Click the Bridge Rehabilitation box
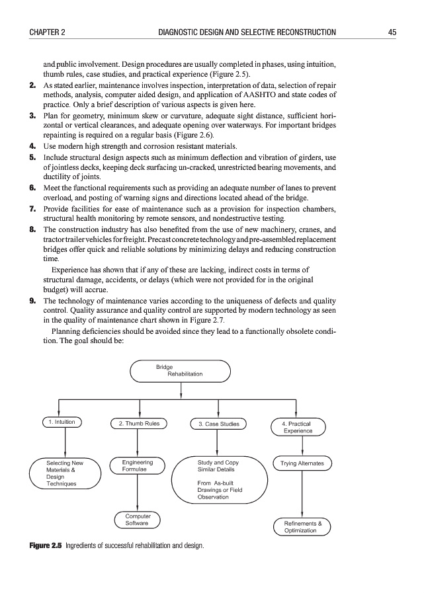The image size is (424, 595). click(x=179, y=371)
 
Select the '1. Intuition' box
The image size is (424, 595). click(x=62, y=422)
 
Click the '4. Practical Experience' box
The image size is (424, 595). click(x=302, y=427)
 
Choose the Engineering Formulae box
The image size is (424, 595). click(x=138, y=466)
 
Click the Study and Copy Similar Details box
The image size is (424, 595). click(x=220, y=479)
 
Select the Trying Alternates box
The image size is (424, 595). click(x=302, y=463)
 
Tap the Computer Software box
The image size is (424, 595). click(x=138, y=520)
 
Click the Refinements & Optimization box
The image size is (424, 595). click(x=302, y=527)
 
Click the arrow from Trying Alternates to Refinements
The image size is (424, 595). click(x=302, y=494)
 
